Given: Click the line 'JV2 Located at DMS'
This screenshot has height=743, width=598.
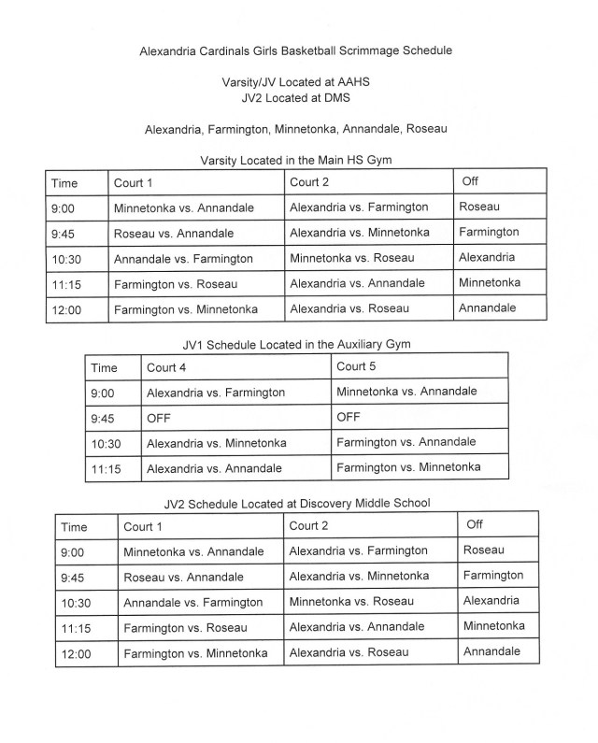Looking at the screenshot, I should tap(298, 96).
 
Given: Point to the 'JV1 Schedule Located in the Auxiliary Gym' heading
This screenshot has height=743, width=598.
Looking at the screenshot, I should tap(297, 344).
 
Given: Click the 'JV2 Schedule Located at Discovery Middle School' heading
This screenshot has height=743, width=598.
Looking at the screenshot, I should tap(297, 504).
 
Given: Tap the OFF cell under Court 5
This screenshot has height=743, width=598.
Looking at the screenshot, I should tap(349, 417).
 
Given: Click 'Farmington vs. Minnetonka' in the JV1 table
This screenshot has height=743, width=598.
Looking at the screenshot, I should tap(408, 466).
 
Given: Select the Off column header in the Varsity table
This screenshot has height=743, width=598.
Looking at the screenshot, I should tap(470, 181).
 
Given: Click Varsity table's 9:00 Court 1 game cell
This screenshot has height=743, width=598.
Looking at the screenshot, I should tap(183, 208).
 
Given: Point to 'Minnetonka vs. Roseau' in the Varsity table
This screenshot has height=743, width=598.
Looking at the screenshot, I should tap(350, 258).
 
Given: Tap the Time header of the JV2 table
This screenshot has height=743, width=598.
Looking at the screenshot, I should tap(74, 528).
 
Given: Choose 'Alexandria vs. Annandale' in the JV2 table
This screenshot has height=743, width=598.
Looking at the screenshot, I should tap(357, 626).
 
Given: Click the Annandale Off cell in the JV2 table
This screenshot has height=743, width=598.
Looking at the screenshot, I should tap(491, 651).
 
